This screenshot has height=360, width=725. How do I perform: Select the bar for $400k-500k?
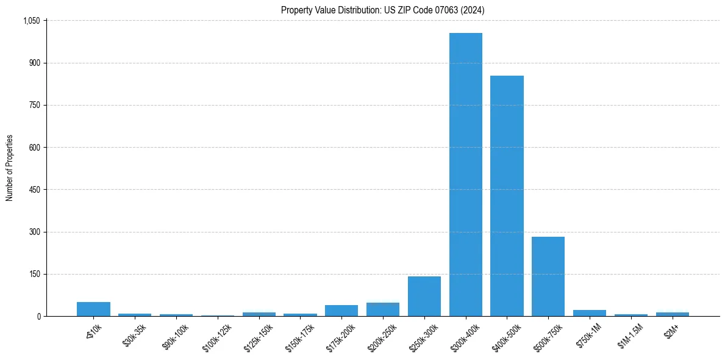(507, 196)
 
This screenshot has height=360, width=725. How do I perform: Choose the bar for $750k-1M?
(590, 313)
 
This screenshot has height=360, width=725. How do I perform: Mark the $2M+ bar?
(672, 314)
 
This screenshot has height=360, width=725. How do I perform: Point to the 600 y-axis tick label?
(34, 148)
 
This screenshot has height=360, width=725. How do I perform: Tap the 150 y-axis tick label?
(34, 274)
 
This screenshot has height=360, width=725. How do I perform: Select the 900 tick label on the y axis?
(34, 63)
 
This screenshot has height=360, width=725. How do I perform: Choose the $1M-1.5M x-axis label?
(630, 336)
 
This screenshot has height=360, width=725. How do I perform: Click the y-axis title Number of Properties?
(10, 168)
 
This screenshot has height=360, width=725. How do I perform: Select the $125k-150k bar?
(259, 314)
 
